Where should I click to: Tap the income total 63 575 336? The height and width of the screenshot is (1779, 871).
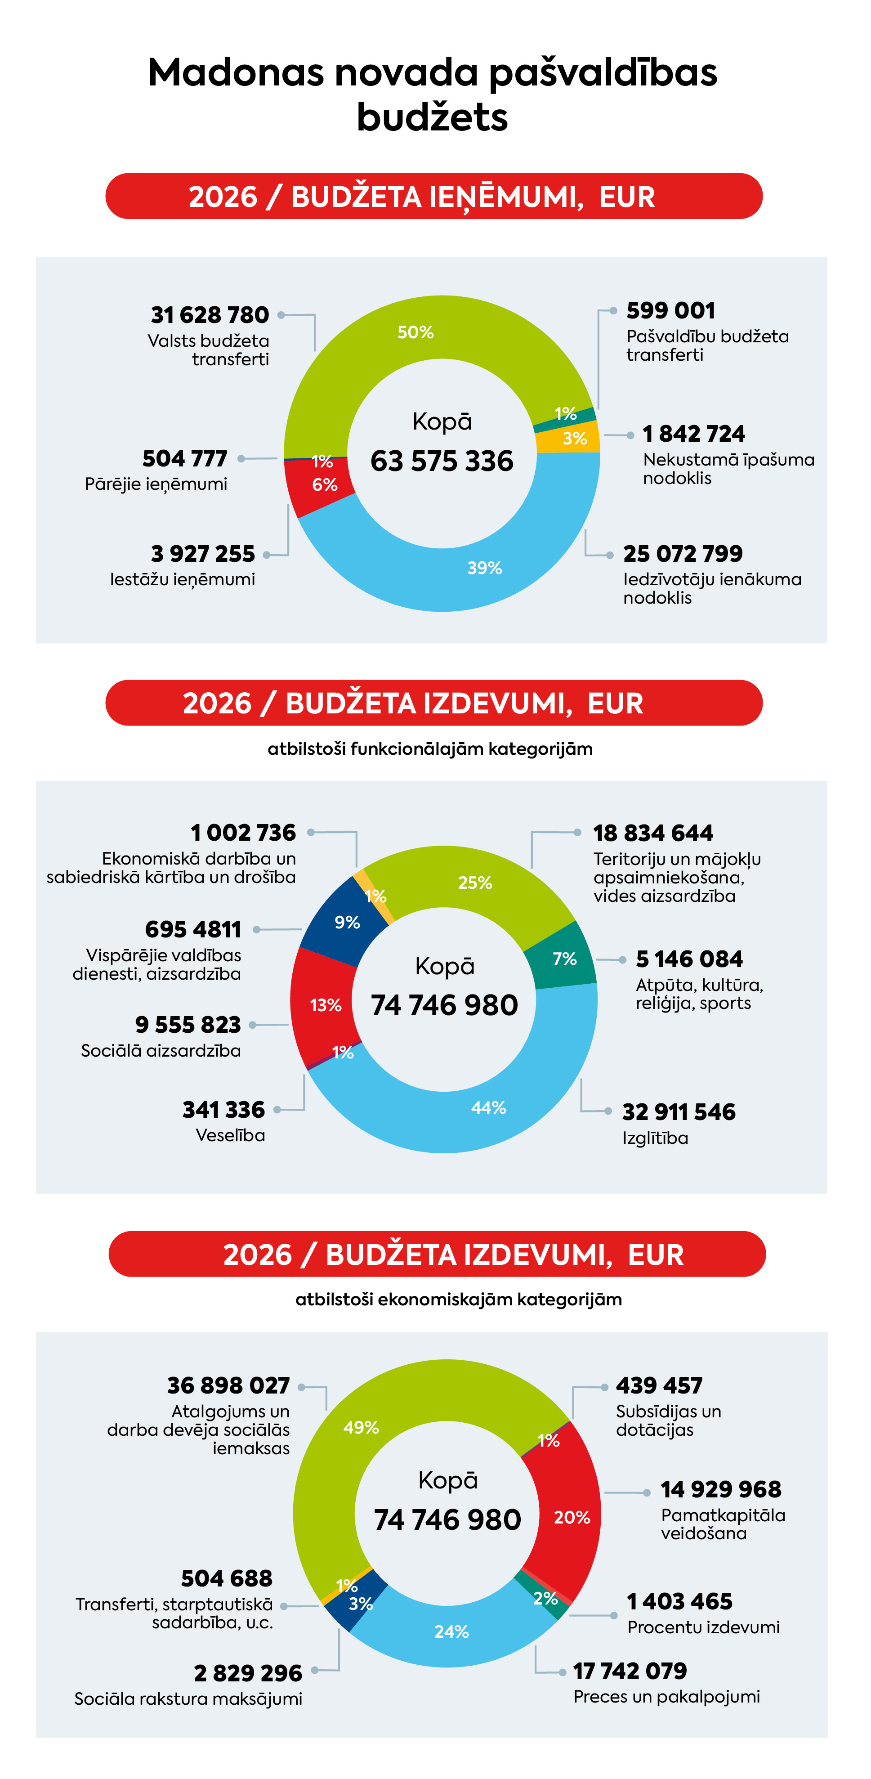442,461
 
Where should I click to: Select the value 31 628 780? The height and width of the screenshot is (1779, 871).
210,315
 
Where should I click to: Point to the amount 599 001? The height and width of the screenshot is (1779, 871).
670,311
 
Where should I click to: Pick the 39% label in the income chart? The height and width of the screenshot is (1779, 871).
484,568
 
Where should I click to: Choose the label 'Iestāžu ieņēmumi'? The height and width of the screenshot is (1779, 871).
182,579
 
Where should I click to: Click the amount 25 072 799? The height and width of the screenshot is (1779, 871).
683,554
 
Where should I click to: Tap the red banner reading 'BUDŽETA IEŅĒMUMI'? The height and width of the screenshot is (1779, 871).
433,197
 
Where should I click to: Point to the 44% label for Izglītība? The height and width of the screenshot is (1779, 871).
489,1108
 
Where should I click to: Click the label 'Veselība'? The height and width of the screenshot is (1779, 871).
230,1135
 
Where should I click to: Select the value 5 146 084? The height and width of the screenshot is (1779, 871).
689,959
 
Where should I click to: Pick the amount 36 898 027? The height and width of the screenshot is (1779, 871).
228,1385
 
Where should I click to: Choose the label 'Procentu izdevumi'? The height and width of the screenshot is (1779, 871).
702,1627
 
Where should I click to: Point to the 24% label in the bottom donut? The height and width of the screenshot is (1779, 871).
451,1631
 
